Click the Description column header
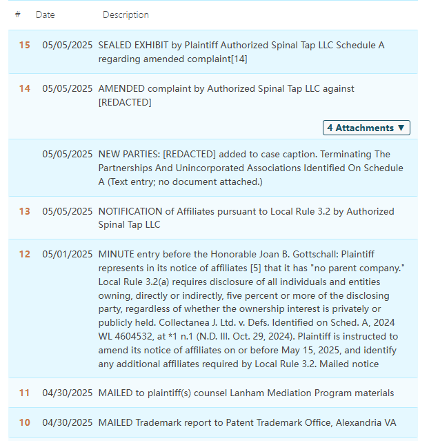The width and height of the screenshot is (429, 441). (126, 14)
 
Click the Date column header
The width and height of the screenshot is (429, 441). (45, 14)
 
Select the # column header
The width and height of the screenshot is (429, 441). (17, 14)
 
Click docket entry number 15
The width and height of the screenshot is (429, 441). (24, 46)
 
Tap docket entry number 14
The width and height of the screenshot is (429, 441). (24, 89)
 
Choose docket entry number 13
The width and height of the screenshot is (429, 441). (24, 212)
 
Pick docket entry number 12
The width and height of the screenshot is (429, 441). (24, 255)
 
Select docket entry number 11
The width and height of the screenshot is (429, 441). (24, 393)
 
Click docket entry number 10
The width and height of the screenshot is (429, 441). (24, 423)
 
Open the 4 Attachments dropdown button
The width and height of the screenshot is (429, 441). (367, 128)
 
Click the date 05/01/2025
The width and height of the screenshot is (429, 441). (67, 255)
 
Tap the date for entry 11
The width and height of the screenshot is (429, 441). (67, 393)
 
